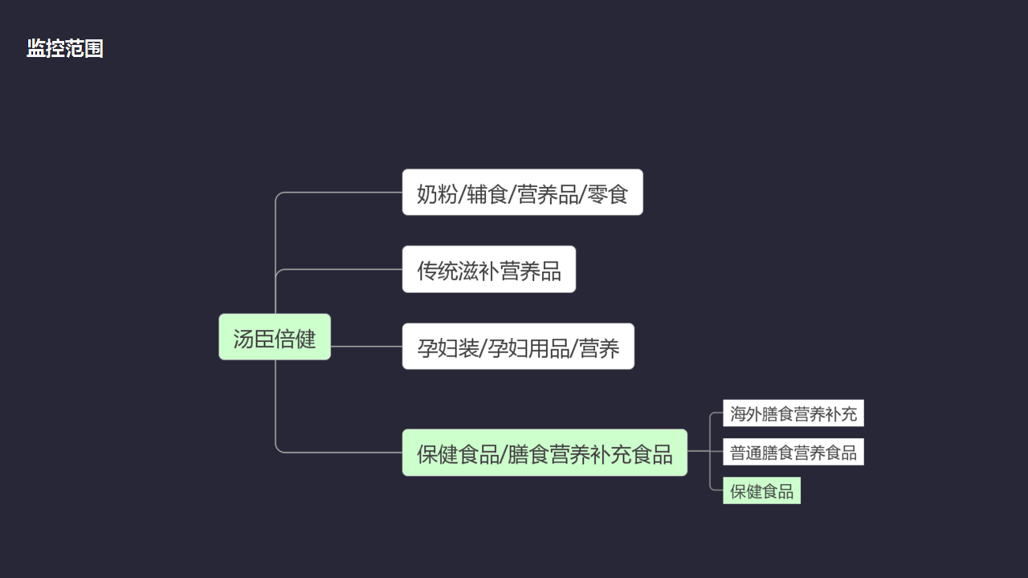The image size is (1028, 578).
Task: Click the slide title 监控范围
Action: point(65,48)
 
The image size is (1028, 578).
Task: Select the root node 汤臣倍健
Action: point(275,337)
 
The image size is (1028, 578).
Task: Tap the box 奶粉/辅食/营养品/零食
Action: point(522,193)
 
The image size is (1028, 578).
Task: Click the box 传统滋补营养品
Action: point(488,270)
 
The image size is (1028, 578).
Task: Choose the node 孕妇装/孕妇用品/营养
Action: point(518,347)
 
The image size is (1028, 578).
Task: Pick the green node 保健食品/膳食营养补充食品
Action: point(545,453)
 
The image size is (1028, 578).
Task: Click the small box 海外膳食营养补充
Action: point(793,414)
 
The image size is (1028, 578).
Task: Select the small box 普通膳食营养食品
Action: point(793,453)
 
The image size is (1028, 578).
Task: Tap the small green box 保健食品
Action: point(761,491)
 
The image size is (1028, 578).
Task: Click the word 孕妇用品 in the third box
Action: point(525,348)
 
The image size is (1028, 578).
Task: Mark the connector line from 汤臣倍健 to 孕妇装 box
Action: point(366,347)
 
